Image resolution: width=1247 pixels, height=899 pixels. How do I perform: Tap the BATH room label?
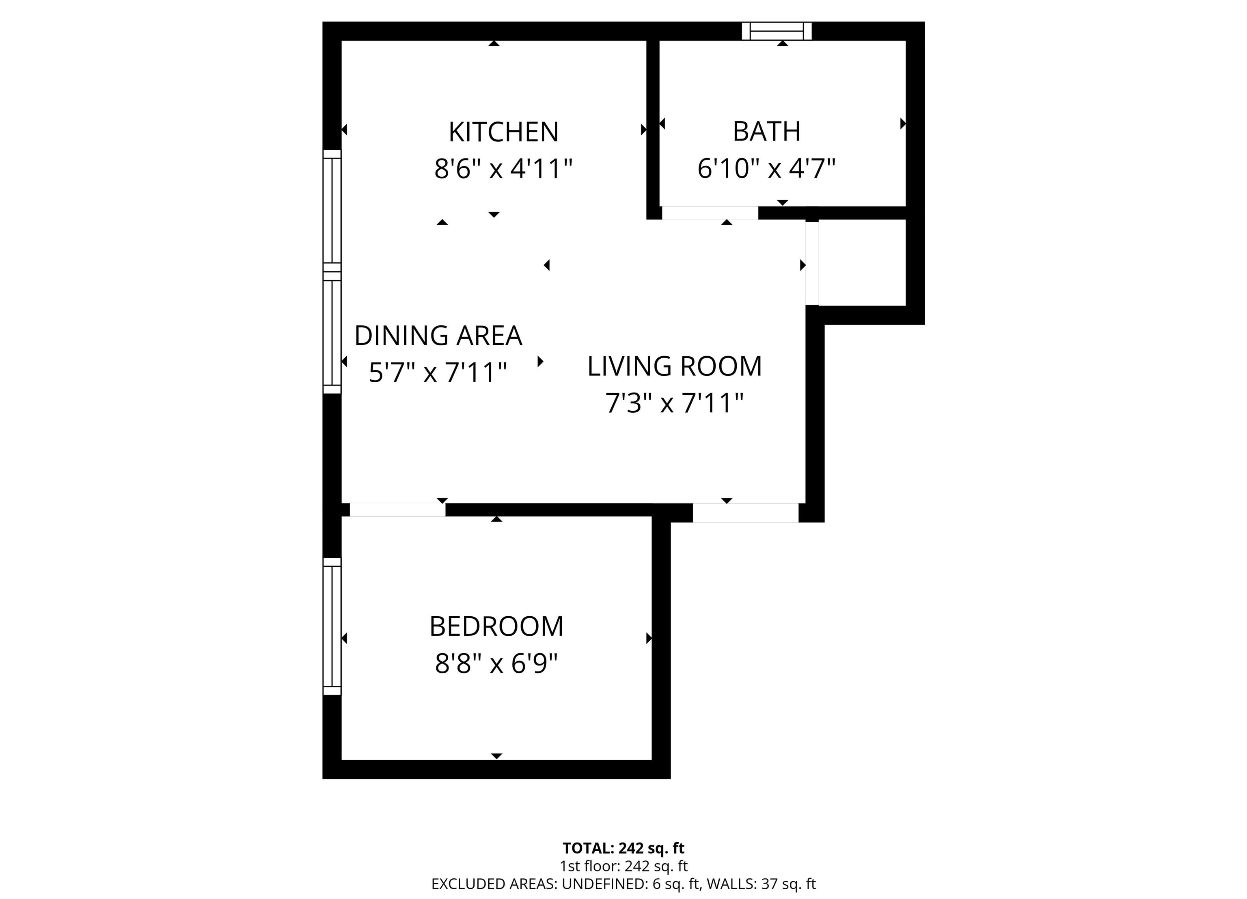766,132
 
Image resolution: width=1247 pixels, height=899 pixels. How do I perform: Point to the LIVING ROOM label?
675,366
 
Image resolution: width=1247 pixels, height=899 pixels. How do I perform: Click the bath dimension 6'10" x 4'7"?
766,168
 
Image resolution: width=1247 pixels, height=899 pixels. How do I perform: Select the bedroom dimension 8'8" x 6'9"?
496,663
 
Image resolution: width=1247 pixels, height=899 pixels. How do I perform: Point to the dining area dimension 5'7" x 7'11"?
438,373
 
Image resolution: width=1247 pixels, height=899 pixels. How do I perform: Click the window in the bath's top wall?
777,31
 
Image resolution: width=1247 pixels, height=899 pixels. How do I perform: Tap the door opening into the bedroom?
397,510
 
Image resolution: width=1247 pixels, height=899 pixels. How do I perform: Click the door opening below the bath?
710,213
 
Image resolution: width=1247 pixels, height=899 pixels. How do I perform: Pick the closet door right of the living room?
812,263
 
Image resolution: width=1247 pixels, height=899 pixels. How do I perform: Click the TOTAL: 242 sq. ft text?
623,848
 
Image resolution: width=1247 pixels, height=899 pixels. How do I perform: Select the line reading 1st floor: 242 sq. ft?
623,866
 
